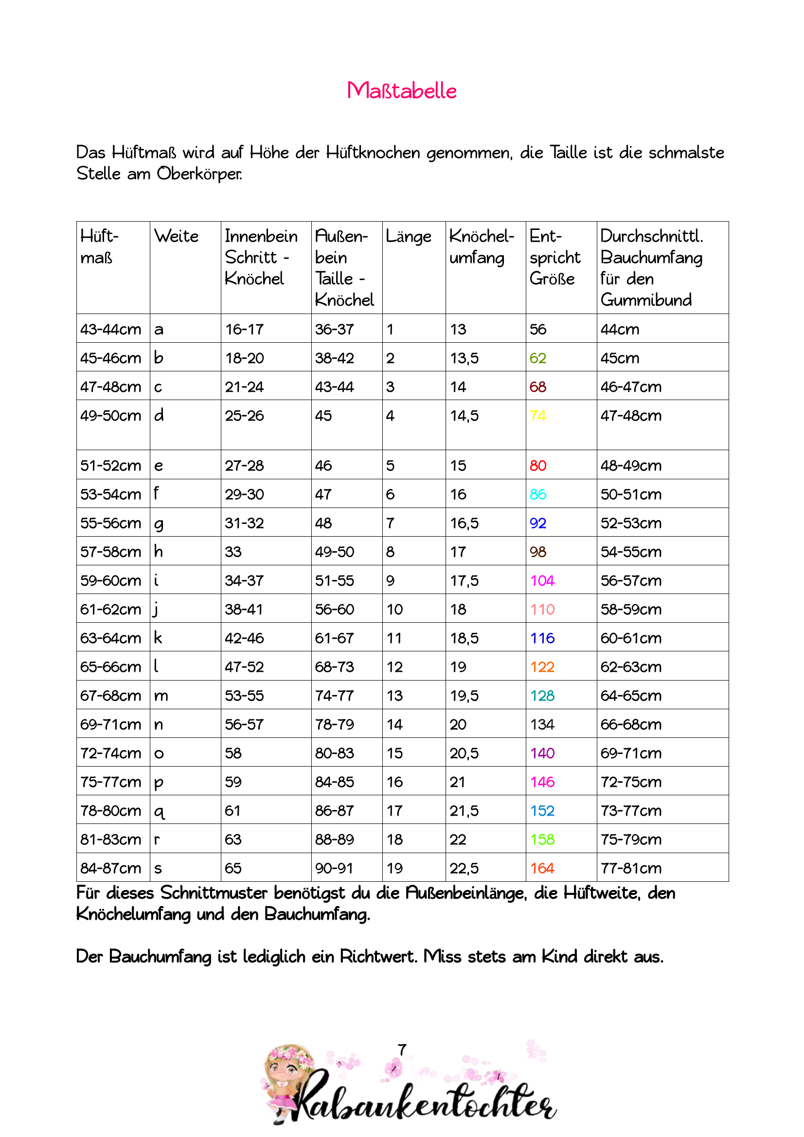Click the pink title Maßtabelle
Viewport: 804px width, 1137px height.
402,90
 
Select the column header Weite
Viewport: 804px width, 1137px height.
177,236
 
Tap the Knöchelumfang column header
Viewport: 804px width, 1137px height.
482,246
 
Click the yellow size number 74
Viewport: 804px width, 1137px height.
537,416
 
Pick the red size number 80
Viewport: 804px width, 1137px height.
537,466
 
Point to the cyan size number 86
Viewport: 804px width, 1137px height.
537,494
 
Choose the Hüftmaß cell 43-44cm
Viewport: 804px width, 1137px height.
110,329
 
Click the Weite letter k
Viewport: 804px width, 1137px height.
158,638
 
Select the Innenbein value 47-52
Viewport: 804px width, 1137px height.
244,667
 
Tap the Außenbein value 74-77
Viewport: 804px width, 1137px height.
334,696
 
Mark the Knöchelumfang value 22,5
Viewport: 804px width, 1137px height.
464,868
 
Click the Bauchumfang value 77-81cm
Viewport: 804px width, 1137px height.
631,868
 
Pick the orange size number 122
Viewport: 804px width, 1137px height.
542,667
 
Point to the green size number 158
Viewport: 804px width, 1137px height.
542,840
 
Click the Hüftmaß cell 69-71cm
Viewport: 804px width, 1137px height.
110,724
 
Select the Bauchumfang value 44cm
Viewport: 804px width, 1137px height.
620,329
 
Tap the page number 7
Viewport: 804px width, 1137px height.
402,1050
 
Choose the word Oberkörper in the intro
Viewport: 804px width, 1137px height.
199,174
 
